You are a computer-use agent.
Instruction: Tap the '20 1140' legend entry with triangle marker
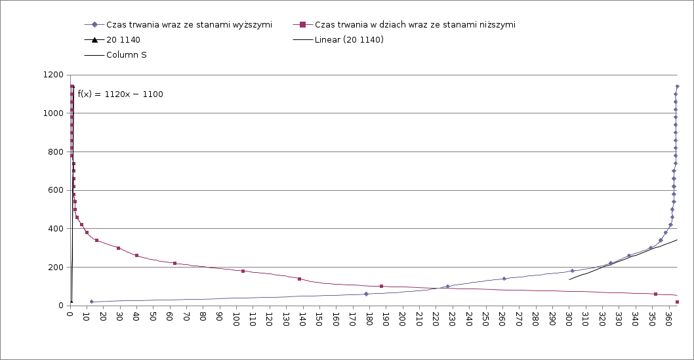tap(123, 40)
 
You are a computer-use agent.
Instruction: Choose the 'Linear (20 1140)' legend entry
tap(349, 40)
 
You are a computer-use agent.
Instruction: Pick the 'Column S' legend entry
tap(127, 55)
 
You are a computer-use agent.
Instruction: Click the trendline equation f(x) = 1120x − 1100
tap(121, 94)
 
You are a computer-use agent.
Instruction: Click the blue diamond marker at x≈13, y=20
tap(92, 302)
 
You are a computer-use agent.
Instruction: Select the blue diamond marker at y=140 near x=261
tap(504, 279)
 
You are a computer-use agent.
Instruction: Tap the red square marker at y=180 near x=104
tap(243, 271)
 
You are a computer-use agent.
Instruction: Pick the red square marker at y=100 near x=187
tap(381, 287)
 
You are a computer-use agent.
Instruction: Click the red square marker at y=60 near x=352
tap(655, 294)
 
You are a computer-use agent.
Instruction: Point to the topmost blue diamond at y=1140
tap(677, 87)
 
